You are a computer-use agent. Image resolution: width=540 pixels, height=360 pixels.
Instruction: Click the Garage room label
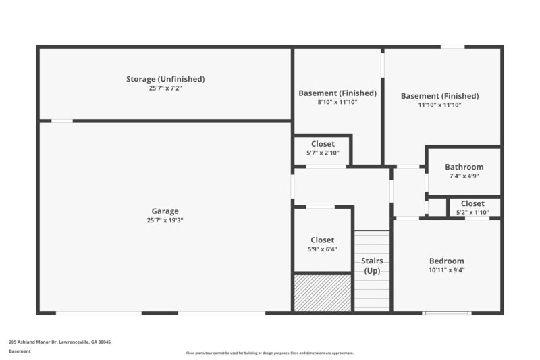165,211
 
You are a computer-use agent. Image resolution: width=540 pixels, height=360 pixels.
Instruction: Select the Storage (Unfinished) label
165,79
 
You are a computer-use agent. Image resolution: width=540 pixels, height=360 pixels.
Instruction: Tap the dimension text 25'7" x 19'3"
165,220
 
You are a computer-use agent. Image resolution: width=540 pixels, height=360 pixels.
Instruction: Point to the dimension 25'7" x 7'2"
165,88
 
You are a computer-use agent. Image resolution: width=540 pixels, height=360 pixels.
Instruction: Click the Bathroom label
464,167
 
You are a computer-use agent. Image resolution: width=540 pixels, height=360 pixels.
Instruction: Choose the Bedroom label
446,261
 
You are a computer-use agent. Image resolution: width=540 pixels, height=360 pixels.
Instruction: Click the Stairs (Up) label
372,265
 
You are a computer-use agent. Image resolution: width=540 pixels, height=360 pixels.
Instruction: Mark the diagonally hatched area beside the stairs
323,292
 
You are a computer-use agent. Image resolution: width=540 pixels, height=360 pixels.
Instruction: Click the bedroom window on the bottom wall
446,313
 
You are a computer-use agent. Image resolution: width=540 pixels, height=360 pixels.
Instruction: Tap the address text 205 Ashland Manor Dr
59,342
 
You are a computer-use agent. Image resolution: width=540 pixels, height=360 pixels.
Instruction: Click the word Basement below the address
20,351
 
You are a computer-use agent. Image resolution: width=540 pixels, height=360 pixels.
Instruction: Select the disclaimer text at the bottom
269,353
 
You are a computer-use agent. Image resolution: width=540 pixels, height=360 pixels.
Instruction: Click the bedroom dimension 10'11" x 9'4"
446,269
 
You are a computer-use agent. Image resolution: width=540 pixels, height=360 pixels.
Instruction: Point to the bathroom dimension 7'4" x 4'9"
464,176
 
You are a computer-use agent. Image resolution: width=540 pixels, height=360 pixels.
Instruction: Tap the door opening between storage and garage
62,121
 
